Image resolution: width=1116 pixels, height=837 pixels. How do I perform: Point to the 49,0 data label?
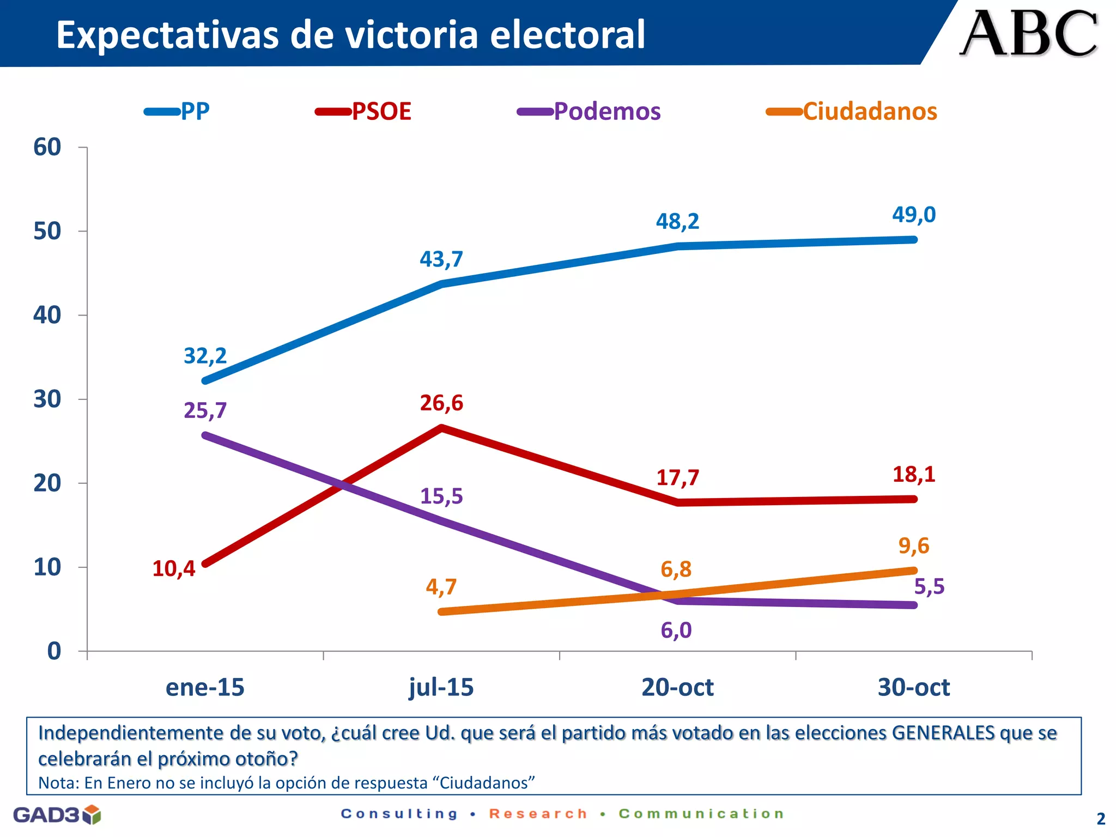tap(913, 215)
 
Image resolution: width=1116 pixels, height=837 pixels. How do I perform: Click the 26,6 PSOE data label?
tap(441, 403)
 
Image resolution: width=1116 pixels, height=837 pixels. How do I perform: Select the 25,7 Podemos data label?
tap(205, 410)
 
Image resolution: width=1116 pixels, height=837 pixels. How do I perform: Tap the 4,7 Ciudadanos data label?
tap(441, 587)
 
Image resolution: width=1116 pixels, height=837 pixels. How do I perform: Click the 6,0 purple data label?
tap(676, 630)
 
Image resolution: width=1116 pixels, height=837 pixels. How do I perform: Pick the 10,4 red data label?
tap(173, 569)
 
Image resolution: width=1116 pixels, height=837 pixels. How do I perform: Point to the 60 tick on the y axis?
tap(47, 147)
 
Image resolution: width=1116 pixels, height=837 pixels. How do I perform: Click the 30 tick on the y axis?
tap(47, 399)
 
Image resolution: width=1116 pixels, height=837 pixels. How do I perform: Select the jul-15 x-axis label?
tap(441, 687)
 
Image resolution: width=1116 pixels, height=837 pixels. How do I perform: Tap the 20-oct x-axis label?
tap(677, 687)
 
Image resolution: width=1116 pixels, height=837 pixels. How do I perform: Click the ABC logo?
tap(1028, 34)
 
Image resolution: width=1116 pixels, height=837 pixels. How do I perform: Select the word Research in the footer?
tap(538, 814)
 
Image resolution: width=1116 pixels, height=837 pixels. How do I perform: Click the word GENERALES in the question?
tap(943, 733)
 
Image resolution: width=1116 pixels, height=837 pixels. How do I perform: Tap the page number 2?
tap(1101, 818)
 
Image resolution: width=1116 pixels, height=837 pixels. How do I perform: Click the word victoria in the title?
tap(411, 35)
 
